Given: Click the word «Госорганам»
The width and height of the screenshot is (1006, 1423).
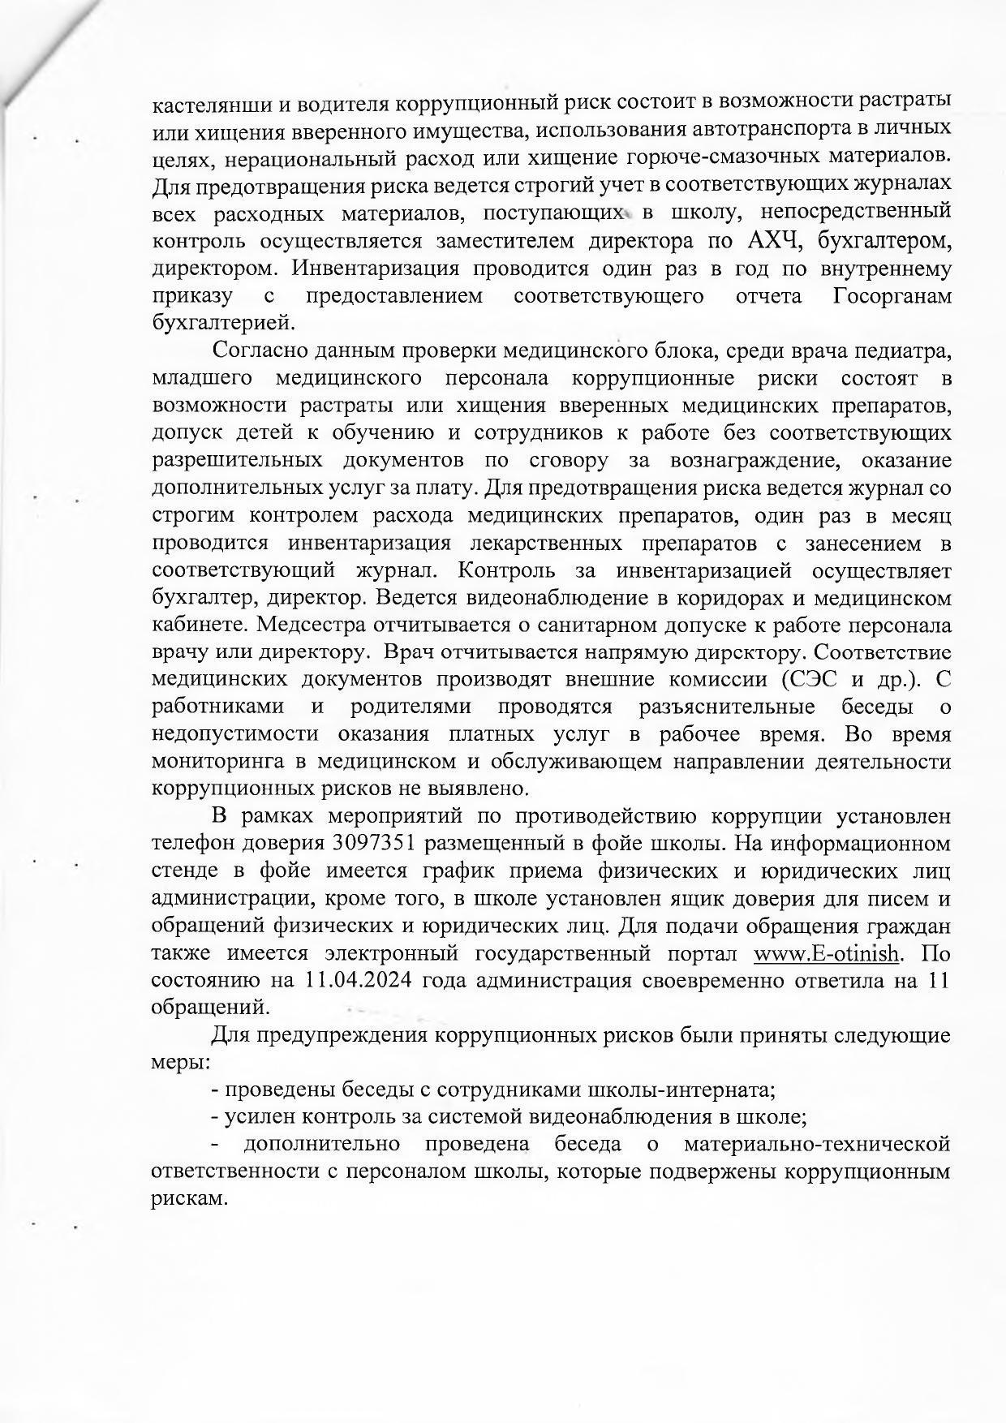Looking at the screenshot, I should pos(892,295).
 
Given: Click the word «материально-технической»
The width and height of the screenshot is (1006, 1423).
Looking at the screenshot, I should pos(817,1145).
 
